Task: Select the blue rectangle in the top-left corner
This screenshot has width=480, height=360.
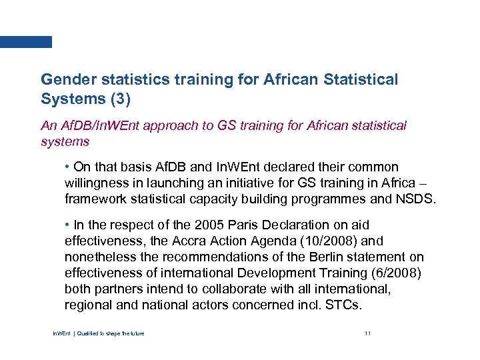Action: (25, 41)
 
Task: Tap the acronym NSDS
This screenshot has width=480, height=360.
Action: (416, 198)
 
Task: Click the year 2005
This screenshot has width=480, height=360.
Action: (201, 225)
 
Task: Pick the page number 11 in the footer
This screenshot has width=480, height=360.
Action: (367, 333)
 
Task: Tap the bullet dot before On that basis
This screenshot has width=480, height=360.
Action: (68, 167)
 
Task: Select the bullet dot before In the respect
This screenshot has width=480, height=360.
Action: (68, 225)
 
